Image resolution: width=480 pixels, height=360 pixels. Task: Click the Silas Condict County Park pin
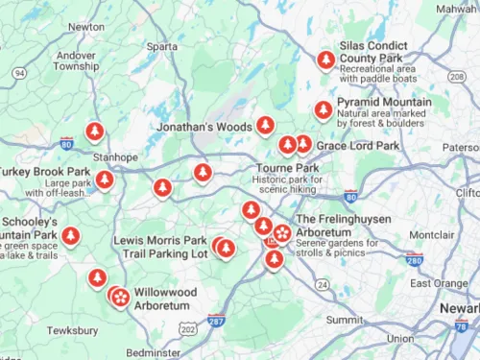coord(325,60)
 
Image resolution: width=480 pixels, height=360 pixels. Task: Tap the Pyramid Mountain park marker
coord(324,109)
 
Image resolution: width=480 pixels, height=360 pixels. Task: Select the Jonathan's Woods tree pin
coord(265,125)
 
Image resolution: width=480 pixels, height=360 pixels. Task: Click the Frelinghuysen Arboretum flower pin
coord(282,232)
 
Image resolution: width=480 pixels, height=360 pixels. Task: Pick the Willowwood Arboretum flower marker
coord(120,298)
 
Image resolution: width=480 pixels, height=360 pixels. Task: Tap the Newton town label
coord(86,27)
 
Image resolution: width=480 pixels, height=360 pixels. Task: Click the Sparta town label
coord(162,45)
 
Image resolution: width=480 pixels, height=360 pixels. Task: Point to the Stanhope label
coord(115,157)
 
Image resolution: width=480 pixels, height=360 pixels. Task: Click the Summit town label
coord(345,320)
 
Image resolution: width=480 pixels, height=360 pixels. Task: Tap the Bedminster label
coord(153,353)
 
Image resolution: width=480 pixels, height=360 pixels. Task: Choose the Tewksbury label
coord(73,330)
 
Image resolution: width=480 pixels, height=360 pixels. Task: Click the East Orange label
coord(439,283)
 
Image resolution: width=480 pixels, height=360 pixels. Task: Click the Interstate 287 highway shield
coord(216,321)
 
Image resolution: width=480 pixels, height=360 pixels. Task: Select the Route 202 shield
coord(186,328)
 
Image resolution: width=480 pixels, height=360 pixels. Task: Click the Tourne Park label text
coord(287,168)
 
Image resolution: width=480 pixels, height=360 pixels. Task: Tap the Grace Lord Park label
coord(357,146)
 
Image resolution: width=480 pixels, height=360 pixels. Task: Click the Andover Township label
coord(76,60)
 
